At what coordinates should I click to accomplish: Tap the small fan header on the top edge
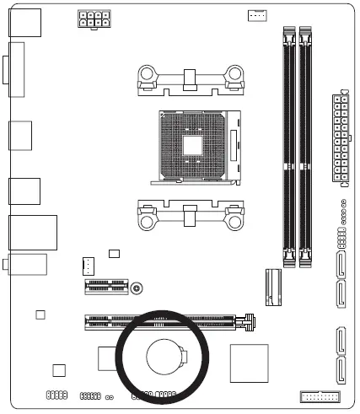coord(257,15)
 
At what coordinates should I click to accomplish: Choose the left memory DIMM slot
coord(288,143)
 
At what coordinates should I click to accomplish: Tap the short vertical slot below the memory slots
coord(272,287)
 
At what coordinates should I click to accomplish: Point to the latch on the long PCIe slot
coord(248,320)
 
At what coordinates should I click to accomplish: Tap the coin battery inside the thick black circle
coord(165,358)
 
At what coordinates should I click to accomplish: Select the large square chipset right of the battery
coord(248,361)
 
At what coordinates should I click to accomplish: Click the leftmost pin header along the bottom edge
coord(56,395)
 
